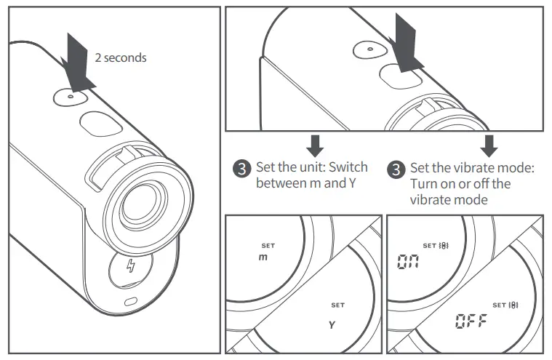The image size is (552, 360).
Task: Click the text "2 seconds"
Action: (x=120, y=57)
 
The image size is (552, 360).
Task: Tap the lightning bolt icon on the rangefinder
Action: (x=131, y=266)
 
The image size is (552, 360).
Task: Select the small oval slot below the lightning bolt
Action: (x=132, y=302)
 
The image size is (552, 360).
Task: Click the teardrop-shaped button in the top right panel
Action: (x=369, y=49)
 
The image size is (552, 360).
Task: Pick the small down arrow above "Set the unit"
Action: (x=314, y=144)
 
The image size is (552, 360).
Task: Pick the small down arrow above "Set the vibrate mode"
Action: (x=489, y=144)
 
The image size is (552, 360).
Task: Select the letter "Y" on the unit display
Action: (x=332, y=325)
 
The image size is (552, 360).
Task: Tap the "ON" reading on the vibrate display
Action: (x=404, y=260)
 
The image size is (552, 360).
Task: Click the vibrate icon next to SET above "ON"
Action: (x=443, y=246)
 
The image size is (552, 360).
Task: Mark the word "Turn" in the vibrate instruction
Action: (x=424, y=183)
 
